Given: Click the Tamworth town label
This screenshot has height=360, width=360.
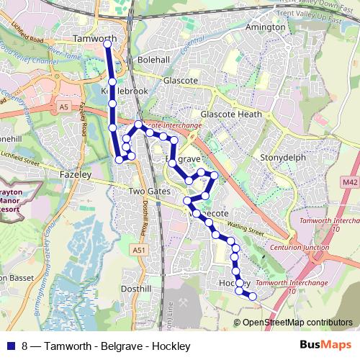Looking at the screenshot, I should tap(95, 38).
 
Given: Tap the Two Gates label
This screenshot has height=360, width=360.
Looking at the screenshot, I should tap(147, 192).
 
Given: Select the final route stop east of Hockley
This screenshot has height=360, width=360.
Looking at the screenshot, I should tap(253, 296).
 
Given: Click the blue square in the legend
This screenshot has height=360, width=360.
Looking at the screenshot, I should tap(9, 346).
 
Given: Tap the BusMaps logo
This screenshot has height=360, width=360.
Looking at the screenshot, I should tap(328, 346).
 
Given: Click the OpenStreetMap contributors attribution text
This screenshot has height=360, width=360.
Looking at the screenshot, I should tap(297, 322).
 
